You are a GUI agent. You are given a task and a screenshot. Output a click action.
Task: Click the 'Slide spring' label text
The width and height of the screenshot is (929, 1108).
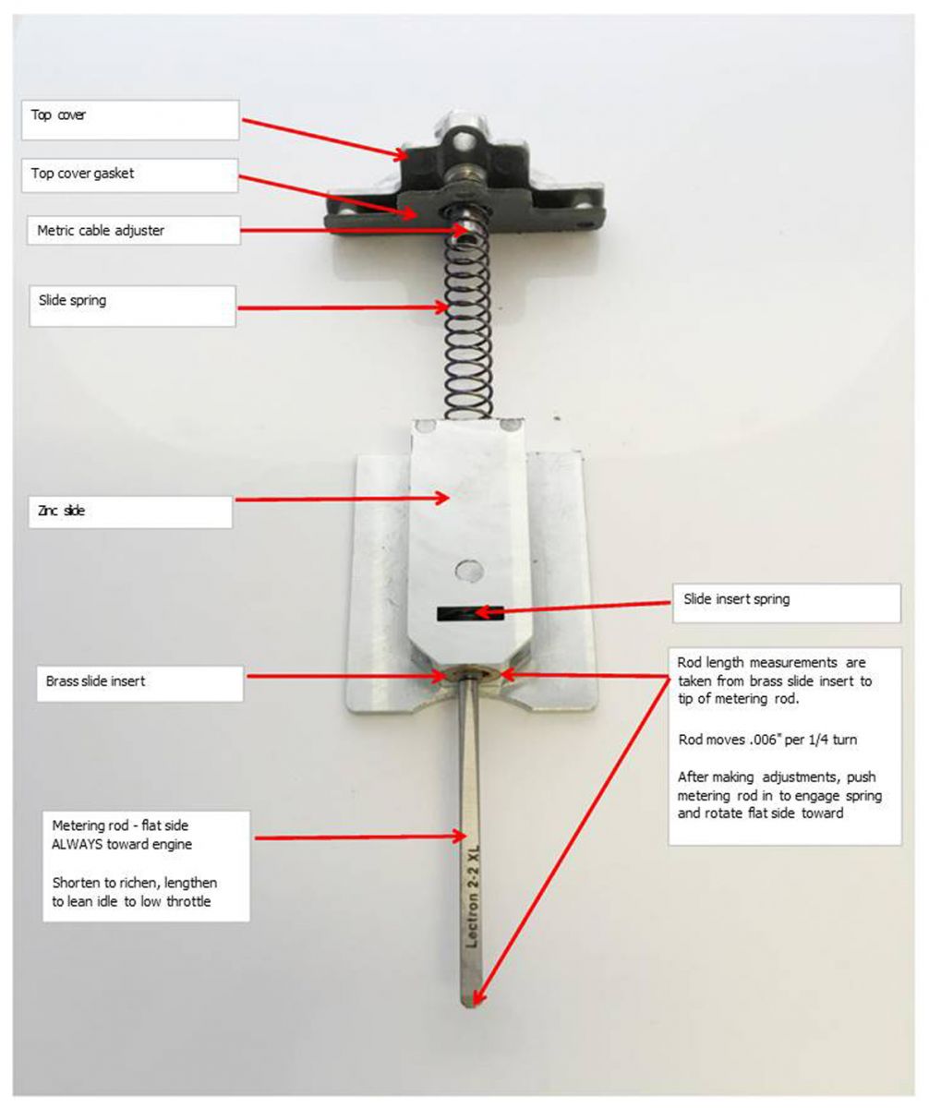[72, 300]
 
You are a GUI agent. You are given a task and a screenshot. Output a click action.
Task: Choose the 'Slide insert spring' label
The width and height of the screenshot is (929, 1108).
[736, 599]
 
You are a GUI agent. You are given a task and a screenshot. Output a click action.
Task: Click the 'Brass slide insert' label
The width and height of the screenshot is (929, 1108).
[96, 682]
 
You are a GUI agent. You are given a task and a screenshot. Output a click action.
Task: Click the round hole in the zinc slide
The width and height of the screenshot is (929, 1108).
[469, 570]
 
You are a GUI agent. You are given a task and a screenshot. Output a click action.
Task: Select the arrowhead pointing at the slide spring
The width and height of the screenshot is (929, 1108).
[444, 308]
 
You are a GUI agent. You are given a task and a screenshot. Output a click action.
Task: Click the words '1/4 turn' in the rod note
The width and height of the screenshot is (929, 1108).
[814, 740]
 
